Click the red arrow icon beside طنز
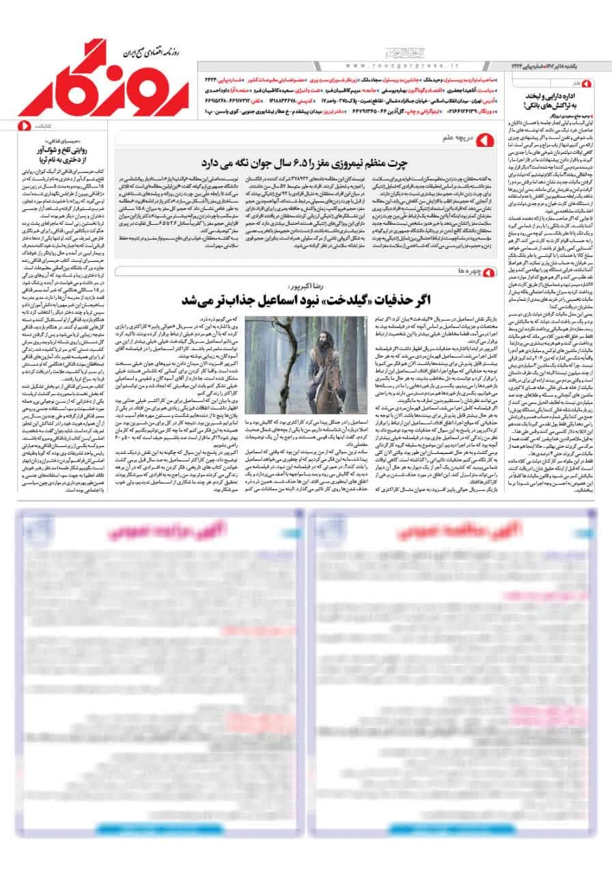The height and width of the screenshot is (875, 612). [x=592, y=83]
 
